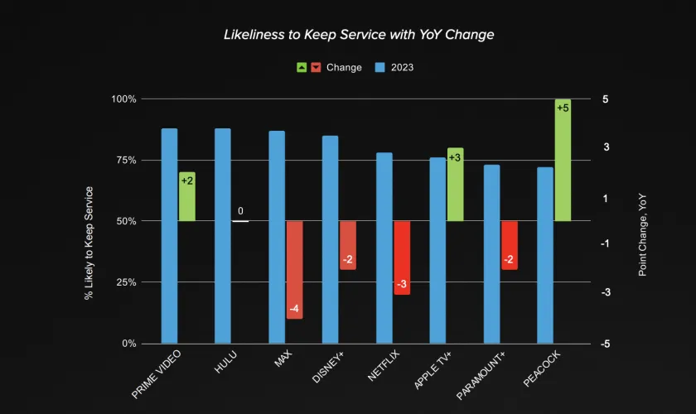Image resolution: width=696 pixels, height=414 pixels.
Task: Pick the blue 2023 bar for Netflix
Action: [x=384, y=248]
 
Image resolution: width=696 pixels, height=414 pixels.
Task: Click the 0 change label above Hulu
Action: [x=240, y=211]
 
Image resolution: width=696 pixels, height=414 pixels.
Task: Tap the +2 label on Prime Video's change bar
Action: [x=187, y=181]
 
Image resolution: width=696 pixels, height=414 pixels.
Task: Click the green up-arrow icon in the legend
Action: [x=302, y=67]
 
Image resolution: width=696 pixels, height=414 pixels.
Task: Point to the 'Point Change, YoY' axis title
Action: [x=642, y=237]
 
